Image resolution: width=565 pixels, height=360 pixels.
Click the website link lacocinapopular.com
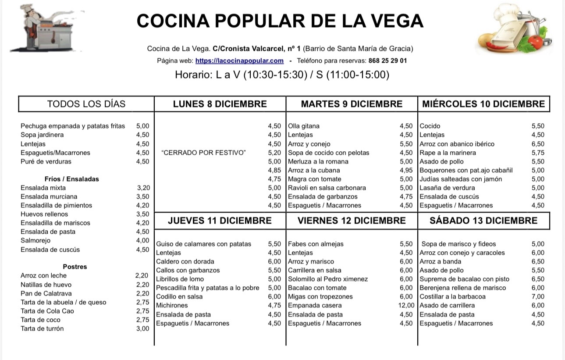click(239, 61)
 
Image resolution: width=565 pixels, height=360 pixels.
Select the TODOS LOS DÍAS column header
click(86, 104)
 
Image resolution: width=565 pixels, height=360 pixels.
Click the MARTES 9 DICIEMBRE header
click(352, 104)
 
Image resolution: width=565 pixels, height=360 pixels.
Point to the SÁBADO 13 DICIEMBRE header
click(483, 221)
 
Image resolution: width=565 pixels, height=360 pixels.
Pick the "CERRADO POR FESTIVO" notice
click(204, 153)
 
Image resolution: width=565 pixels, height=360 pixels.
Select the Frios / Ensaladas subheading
click(72, 179)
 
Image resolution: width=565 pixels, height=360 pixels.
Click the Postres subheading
click(75, 267)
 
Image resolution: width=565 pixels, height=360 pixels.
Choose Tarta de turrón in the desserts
click(42, 328)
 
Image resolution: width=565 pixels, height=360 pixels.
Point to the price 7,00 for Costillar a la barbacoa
click(538, 297)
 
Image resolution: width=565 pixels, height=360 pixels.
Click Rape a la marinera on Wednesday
click(448, 153)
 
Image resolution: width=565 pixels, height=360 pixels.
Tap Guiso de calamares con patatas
click(204, 244)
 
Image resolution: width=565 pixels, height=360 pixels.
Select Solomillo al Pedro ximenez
click(328, 279)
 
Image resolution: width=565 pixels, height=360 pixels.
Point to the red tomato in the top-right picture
click(536, 42)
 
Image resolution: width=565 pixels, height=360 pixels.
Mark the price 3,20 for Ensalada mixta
click(143, 188)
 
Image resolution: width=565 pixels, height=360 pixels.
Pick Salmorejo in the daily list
click(36, 240)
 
